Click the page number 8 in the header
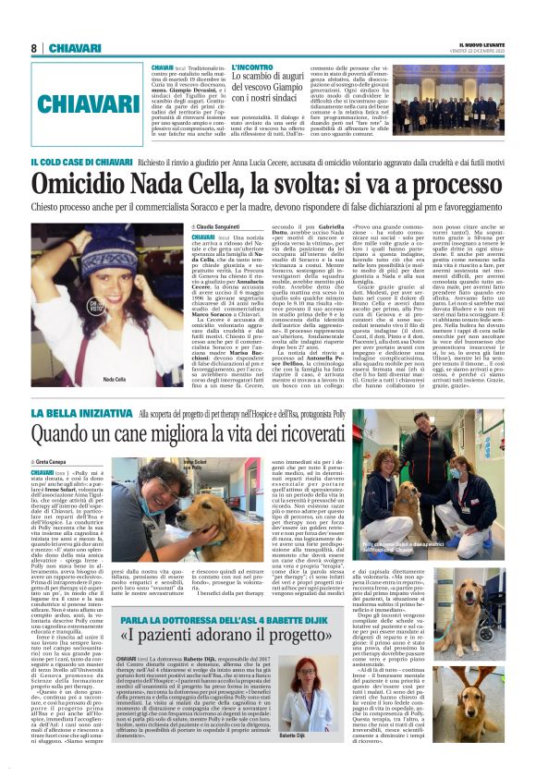coord(33,47)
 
